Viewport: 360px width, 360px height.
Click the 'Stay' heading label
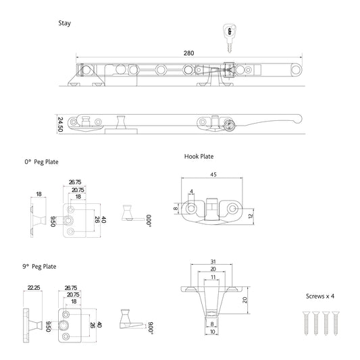click(x=65, y=23)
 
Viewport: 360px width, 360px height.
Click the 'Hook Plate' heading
click(x=199, y=156)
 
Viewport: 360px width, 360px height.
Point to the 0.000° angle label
click(x=149, y=220)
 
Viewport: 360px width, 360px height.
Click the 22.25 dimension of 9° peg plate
click(x=34, y=287)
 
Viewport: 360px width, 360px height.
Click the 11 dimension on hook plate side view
click(x=212, y=277)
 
